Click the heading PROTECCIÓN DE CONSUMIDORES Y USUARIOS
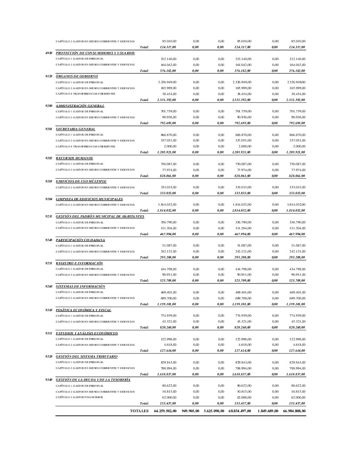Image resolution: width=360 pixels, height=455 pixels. point(95,53)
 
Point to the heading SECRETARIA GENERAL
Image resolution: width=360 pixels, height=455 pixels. point(75,129)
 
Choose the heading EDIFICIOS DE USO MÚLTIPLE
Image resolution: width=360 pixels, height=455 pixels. point(81,181)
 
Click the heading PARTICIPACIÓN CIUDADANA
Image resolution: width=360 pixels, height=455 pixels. point(80,239)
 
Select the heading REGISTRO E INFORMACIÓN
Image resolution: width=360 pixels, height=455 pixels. point(79,263)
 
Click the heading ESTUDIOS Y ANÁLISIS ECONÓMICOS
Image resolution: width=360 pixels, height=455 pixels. point(87,333)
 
